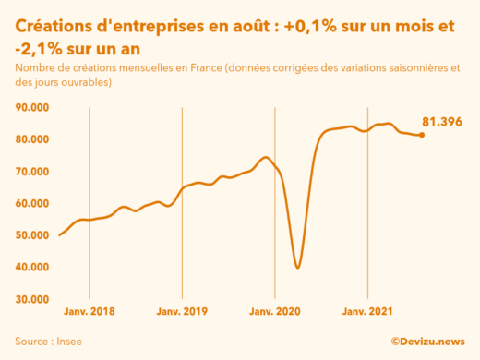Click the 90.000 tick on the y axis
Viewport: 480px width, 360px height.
pos(33,107)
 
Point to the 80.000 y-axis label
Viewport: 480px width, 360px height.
pos(33,139)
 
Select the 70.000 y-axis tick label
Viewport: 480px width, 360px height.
pos(33,172)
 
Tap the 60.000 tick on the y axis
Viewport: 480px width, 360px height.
pos(33,203)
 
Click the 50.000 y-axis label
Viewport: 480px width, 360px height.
pos(33,235)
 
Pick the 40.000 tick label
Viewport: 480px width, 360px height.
pos(33,268)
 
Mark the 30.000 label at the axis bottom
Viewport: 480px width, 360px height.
pos(33,299)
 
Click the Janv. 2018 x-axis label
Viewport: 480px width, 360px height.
pos(90,313)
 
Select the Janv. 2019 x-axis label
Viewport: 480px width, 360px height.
pos(182,313)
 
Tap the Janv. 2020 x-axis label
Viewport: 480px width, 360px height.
pos(275,313)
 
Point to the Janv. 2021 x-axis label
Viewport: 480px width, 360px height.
pos(367,313)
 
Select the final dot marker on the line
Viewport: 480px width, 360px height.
pos(422,135)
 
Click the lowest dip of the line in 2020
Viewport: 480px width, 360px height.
pos(297,267)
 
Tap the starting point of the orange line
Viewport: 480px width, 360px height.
pos(60,234)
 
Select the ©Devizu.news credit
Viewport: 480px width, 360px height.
pos(426,341)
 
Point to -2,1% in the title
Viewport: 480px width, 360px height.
pos(37,48)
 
